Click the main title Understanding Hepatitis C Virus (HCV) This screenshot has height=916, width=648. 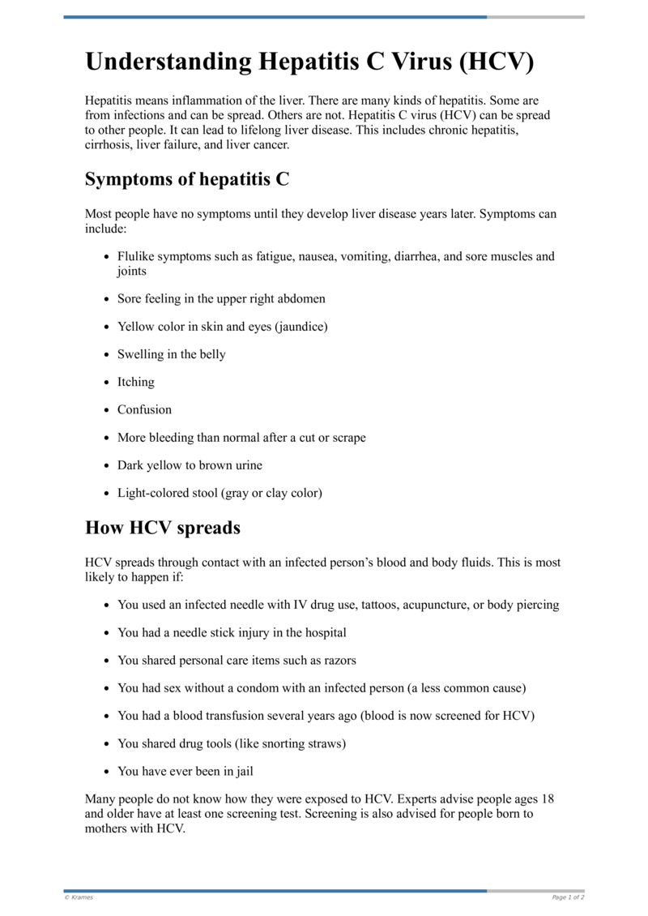309,62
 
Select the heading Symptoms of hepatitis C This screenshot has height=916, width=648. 187,179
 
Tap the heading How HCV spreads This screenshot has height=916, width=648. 163,528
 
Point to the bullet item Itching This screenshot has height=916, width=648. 135,382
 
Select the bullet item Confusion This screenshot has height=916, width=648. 144,409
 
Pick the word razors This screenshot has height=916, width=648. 339,660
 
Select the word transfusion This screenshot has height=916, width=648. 261,716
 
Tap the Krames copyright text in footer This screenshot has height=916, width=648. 79,897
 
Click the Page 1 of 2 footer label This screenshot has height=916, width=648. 568,897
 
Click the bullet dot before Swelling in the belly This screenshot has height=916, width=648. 107,355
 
